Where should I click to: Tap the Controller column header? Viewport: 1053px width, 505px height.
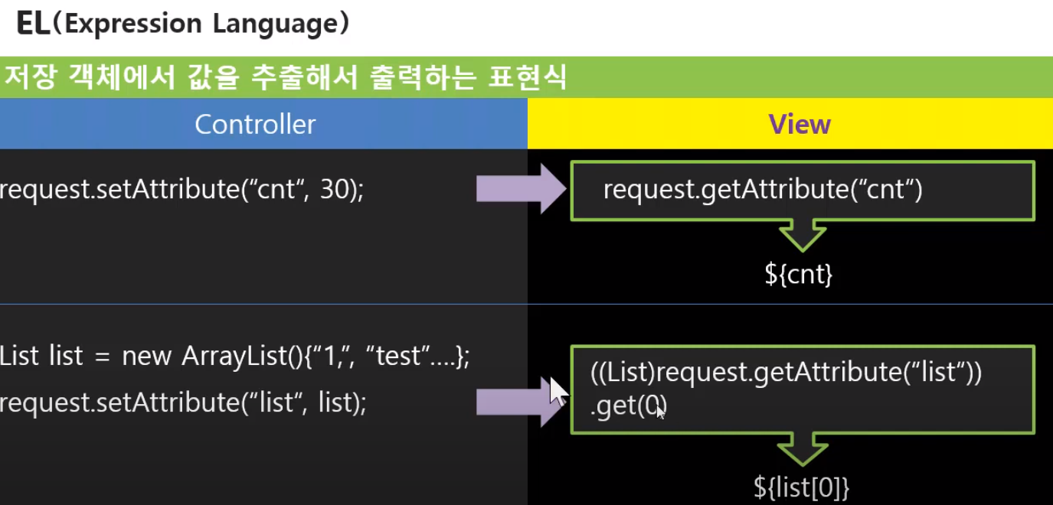click(255, 124)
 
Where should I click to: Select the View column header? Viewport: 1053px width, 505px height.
click(800, 124)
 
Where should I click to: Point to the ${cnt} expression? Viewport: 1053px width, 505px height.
click(798, 274)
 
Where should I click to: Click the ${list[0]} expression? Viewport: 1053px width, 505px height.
click(801, 487)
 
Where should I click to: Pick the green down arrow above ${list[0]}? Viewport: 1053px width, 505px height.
click(802, 449)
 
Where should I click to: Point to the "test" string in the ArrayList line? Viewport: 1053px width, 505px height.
click(399, 356)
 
